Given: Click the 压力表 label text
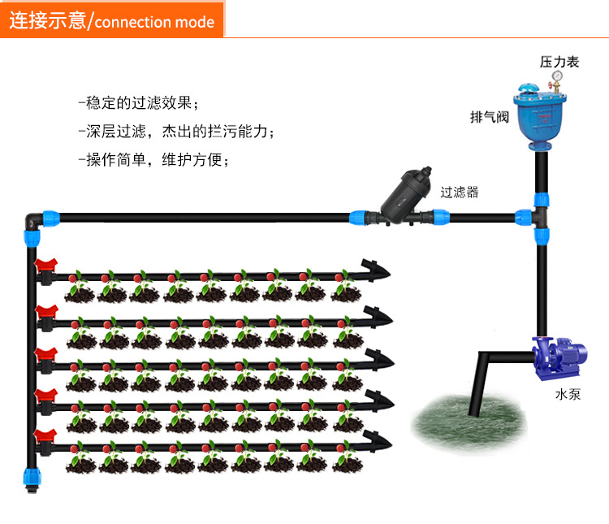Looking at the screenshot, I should point(559,62).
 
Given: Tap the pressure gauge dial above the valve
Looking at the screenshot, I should point(558,80).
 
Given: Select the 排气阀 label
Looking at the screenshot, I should point(490,116).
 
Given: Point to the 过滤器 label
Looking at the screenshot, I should point(459,193).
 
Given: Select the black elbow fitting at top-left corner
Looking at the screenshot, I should point(33,218).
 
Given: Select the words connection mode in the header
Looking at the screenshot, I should point(154,21).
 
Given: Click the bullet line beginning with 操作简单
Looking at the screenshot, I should point(154,159).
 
